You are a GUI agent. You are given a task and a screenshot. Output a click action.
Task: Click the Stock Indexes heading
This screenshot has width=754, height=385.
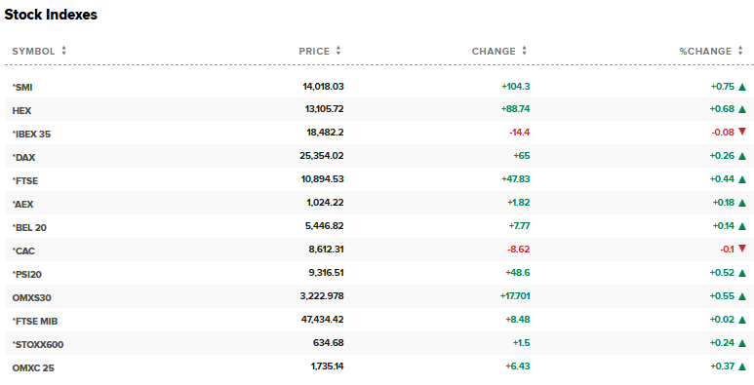coord(51,16)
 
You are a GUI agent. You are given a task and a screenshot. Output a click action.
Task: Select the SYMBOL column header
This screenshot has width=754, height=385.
coord(33,51)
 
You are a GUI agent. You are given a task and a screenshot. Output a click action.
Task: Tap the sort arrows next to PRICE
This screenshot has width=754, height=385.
coord(338,51)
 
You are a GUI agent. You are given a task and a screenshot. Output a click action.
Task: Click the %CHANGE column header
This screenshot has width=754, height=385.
coord(704,51)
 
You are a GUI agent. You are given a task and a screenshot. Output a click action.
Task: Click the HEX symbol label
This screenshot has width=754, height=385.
coord(21,110)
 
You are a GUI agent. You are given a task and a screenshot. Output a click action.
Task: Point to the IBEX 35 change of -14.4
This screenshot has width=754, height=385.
coord(519,134)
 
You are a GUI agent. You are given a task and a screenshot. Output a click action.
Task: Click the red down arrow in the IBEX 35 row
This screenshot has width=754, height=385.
coord(742,133)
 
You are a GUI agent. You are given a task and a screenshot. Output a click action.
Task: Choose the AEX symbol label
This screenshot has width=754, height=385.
coord(23,204)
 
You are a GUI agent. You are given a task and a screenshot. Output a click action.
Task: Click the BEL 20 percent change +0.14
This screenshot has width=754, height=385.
coord(722,227)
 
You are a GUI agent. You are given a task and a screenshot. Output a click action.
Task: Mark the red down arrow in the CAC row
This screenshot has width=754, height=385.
coord(742,250)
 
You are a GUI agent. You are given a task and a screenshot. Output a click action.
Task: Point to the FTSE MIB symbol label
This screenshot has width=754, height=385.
coord(37,321)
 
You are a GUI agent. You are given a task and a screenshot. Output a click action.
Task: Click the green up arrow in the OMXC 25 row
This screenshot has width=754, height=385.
coord(742,366)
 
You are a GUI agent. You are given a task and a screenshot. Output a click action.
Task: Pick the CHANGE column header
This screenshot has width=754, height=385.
coord(494,51)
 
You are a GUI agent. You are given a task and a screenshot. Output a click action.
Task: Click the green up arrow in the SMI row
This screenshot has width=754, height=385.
coord(742,87)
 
